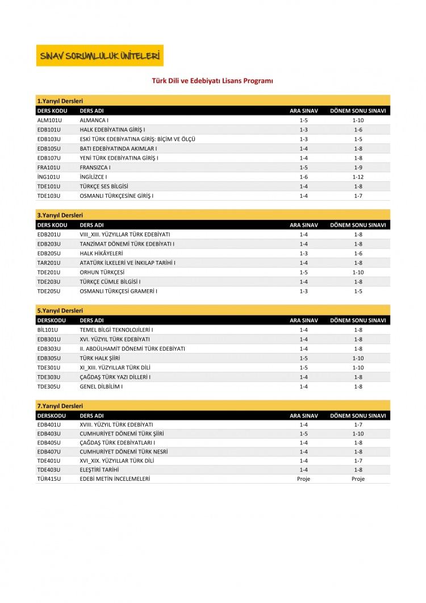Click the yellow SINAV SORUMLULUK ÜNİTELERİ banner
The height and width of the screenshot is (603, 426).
click(x=99, y=56)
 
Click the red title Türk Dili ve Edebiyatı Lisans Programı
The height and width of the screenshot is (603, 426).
click(x=212, y=81)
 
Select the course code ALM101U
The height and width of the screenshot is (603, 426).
click(x=48, y=120)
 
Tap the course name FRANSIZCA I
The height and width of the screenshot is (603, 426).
click(x=95, y=168)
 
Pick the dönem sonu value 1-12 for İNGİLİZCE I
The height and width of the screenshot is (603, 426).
click(x=358, y=177)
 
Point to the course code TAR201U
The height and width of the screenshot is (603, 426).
click(x=48, y=263)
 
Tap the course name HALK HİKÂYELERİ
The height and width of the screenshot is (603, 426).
click(x=101, y=253)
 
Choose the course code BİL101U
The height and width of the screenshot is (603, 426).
click(x=48, y=330)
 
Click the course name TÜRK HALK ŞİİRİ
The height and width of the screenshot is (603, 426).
click(x=100, y=358)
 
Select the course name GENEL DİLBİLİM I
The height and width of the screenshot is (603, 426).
click(x=101, y=386)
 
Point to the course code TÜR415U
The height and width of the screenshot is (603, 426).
click(x=48, y=479)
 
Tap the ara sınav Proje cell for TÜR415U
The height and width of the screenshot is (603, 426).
click(x=303, y=479)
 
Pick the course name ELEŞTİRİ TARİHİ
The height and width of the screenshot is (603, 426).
click(x=101, y=469)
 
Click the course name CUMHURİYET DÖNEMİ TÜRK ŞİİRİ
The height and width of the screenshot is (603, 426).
click(x=118, y=434)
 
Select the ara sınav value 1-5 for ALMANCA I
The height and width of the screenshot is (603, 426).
click(x=303, y=120)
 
